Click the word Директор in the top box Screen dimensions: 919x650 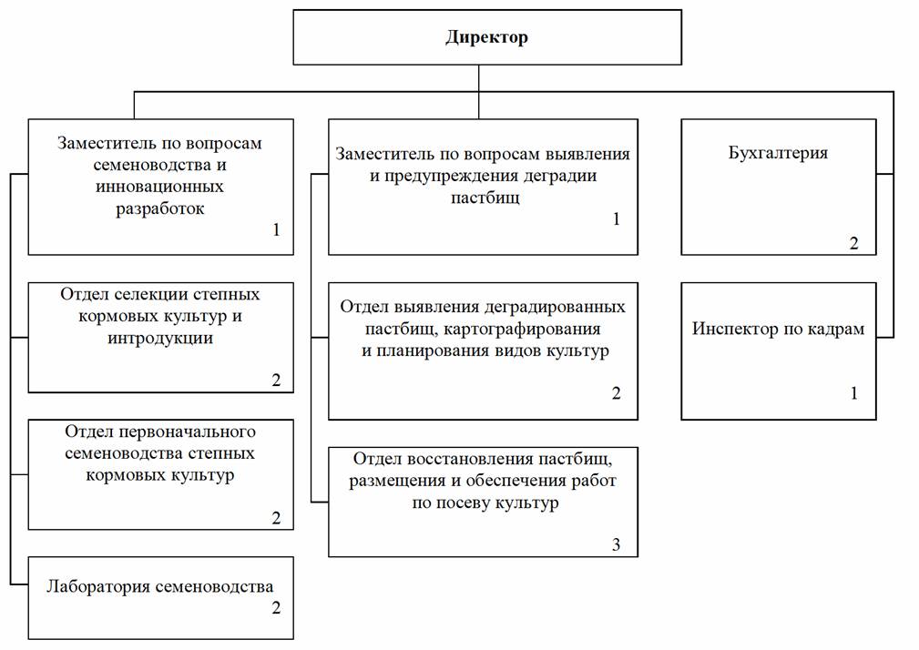coord(486,37)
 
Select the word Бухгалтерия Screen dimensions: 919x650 coord(778,153)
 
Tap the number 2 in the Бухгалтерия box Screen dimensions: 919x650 coord(854,243)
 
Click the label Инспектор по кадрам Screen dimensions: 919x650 coord(778,329)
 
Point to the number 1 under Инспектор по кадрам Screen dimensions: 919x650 coord(854,393)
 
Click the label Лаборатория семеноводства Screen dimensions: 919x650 coord(160,586)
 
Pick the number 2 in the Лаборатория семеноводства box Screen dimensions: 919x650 coord(276,608)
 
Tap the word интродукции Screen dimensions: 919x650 coord(160,339)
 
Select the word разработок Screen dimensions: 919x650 coord(160,208)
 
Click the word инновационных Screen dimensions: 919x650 coord(160,187)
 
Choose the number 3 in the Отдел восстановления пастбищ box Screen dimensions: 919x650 coord(616,544)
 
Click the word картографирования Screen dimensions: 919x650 coord(522,330)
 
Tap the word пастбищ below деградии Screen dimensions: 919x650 coord(485,198)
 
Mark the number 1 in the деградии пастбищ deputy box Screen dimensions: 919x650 coord(616,219)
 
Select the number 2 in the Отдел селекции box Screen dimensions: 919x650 coord(276,380)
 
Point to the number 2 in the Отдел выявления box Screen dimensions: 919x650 coord(616,393)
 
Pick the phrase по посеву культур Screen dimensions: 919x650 coord(485,503)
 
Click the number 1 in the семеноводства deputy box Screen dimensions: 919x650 coord(276,229)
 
